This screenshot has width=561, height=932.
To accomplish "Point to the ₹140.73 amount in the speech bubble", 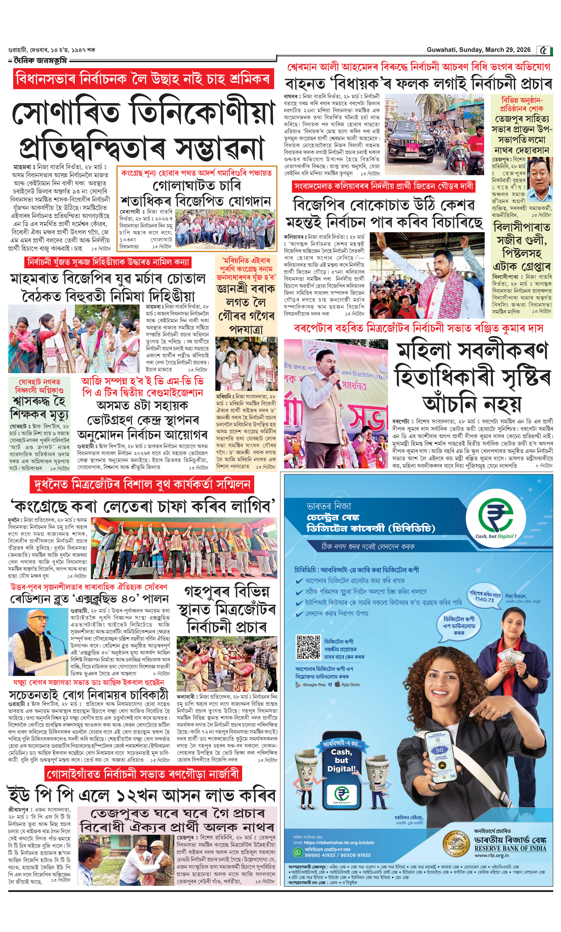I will (x=485, y=600).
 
